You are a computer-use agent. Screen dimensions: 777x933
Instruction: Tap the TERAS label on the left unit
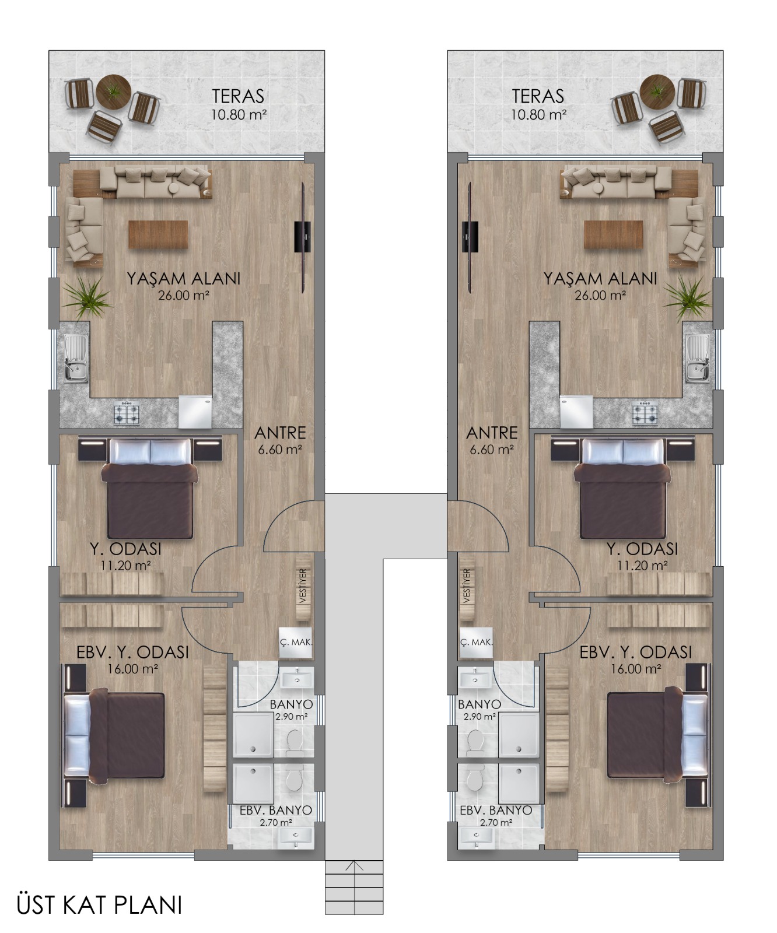pos(238,96)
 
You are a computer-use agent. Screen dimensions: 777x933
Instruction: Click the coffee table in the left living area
pos(158,234)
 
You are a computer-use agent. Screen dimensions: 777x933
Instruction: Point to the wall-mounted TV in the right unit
pos(470,236)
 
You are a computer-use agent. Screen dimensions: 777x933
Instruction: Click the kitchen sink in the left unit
pos(75,358)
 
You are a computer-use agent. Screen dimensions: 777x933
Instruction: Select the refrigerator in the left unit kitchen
pos(195,412)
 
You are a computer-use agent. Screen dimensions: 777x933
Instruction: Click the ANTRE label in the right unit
pos(492,433)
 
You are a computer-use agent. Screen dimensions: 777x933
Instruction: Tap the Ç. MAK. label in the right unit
pos(476,642)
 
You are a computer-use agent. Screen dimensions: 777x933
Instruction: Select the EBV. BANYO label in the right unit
pos(496,811)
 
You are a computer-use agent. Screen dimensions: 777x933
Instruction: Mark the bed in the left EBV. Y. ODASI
pos(114,735)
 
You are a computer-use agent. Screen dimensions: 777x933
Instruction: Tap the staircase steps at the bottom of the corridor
pos(353,887)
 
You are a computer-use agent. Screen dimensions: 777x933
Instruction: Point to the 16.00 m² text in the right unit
pos(635,669)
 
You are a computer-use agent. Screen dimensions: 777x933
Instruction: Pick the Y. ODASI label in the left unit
pos(125,549)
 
